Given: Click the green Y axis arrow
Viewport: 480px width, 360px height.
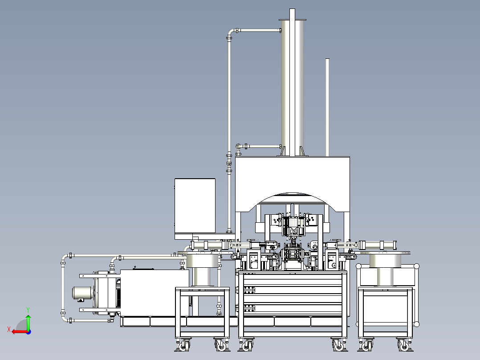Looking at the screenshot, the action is (x=28, y=322).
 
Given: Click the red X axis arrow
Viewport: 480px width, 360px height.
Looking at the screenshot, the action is (x=20, y=332).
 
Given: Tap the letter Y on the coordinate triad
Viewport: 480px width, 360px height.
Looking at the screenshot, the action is (x=28, y=310).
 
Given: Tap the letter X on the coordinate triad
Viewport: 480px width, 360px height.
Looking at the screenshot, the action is (x=9, y=330).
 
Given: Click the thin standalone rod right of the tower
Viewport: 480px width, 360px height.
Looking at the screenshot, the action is (x=327, y=107).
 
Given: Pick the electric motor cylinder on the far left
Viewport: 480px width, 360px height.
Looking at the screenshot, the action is (x=83, y=293).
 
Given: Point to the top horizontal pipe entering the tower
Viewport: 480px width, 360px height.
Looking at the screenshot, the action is (x=259, y=30).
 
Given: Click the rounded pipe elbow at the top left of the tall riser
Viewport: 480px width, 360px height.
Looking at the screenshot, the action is (x=231, y=32).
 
